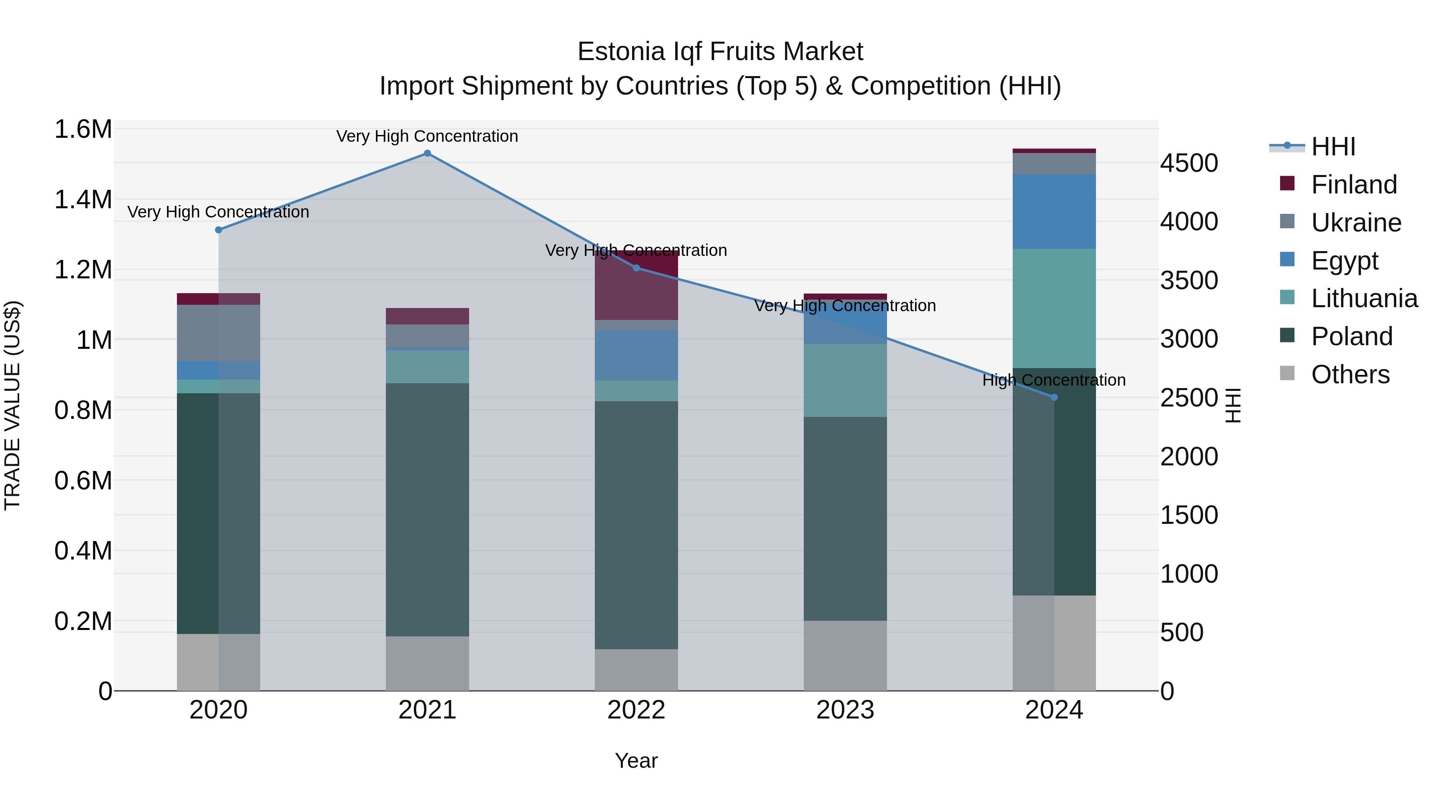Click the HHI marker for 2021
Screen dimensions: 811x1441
click(427, 153)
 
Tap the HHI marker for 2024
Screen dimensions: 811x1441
click(1054, 397)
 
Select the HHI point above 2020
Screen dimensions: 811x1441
click(219, 230)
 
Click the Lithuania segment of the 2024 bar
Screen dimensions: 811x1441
click(1054, 308)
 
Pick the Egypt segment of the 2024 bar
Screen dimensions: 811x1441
click(1054, 211)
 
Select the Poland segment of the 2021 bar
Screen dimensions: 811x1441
click(427, 509)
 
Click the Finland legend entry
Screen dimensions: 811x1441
click(1354, 185)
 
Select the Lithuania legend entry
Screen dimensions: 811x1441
click(1364, 298)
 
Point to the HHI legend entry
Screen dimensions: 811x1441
click(1333, 147)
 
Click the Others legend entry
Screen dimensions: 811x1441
click(1350, 374)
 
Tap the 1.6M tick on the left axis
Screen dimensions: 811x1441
click(83, 129)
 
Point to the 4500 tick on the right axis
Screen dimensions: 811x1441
click(1189, 163)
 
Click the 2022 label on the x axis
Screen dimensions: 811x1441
click(636, 710)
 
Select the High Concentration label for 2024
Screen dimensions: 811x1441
click(1054, 380)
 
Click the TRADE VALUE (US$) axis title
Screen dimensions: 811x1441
click(12, 405)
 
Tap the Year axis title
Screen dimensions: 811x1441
click(636, 761)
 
